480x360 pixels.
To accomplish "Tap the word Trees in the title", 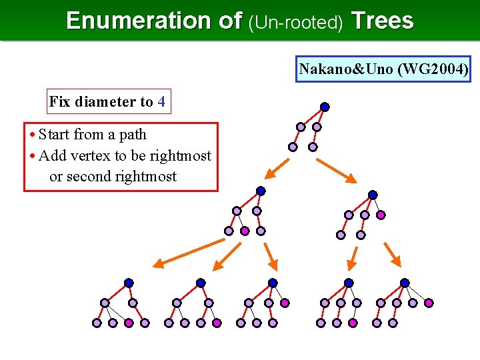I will [382, 21].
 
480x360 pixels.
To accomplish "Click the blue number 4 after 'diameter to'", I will [161, 102].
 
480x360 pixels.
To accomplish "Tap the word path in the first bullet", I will [133, 135].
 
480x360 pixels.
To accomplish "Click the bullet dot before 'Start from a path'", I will [33, 135].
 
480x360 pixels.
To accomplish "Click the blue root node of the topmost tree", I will [325, 107].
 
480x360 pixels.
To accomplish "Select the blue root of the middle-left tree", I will [261, 191].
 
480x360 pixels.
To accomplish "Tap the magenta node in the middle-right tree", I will [381, 215].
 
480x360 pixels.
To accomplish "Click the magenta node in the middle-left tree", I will [245, 231].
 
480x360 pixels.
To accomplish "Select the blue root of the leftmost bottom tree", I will [129, 283].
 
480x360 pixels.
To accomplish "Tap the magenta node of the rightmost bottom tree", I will [429, 303].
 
